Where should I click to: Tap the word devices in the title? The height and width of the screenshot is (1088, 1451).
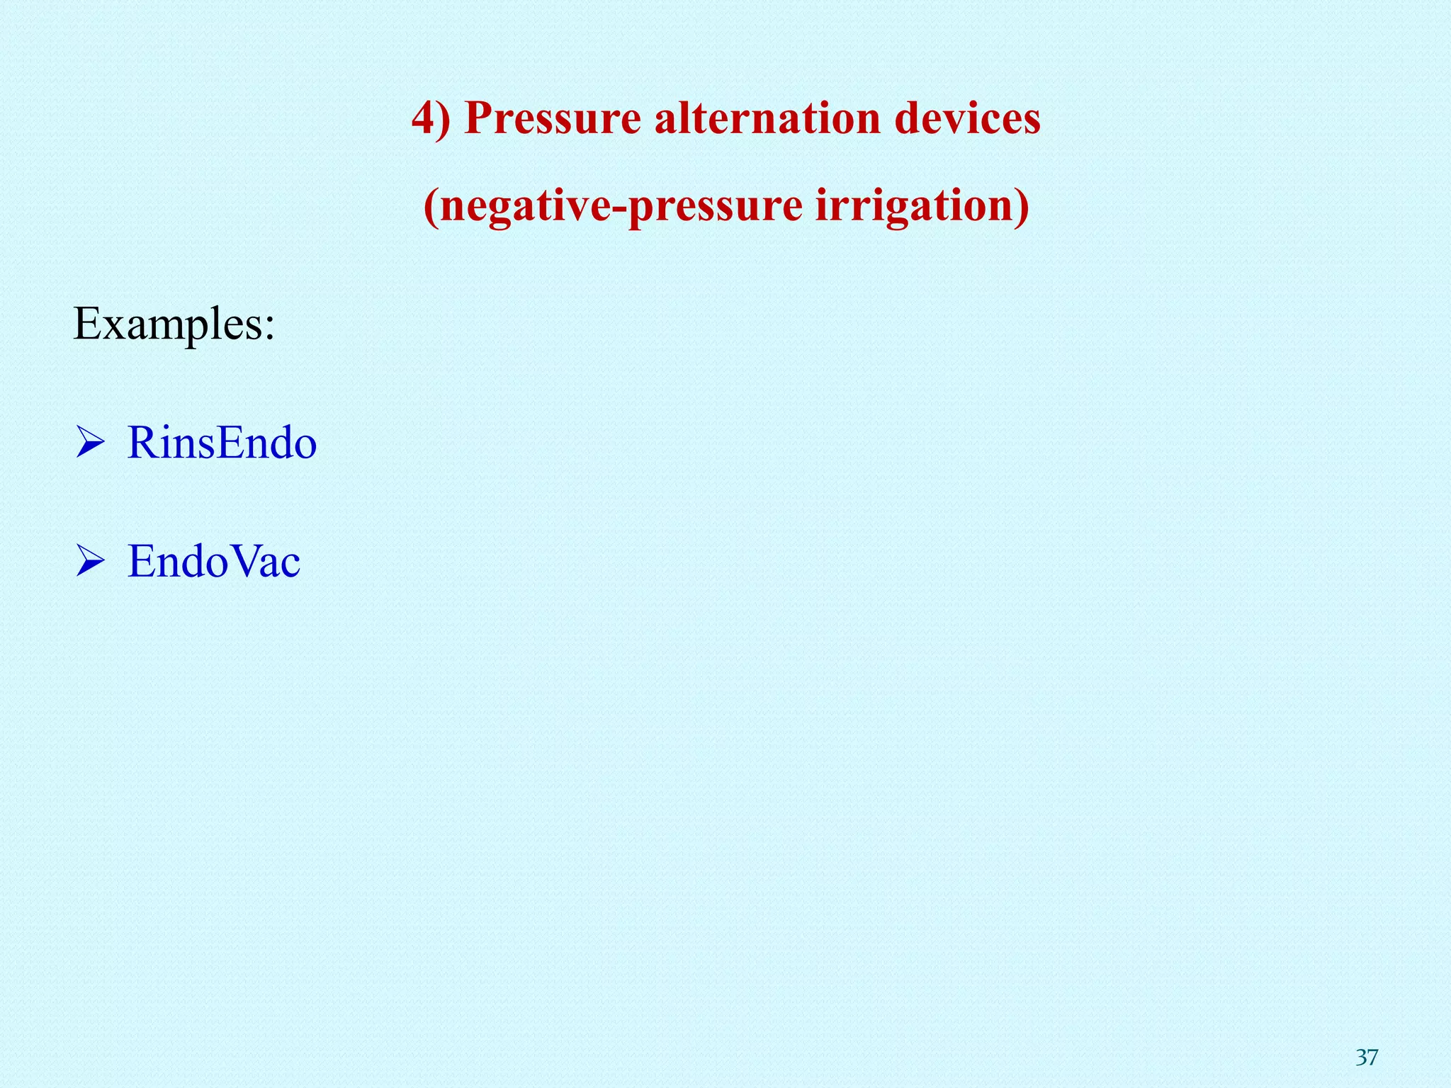click(x=967, y=118)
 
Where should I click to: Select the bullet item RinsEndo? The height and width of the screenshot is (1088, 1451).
click(x=222, y=443)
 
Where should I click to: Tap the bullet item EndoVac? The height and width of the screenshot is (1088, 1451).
click(x=214, y=562)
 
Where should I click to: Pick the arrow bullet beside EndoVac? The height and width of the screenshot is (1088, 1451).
click(x=90, y=563)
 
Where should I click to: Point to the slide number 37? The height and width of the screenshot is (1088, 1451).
click(x=1367, y=1057)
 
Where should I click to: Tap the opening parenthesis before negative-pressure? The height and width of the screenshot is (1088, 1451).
click(x=431, y=207)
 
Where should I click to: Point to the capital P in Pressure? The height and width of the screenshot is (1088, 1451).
click(x=480, y=118)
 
